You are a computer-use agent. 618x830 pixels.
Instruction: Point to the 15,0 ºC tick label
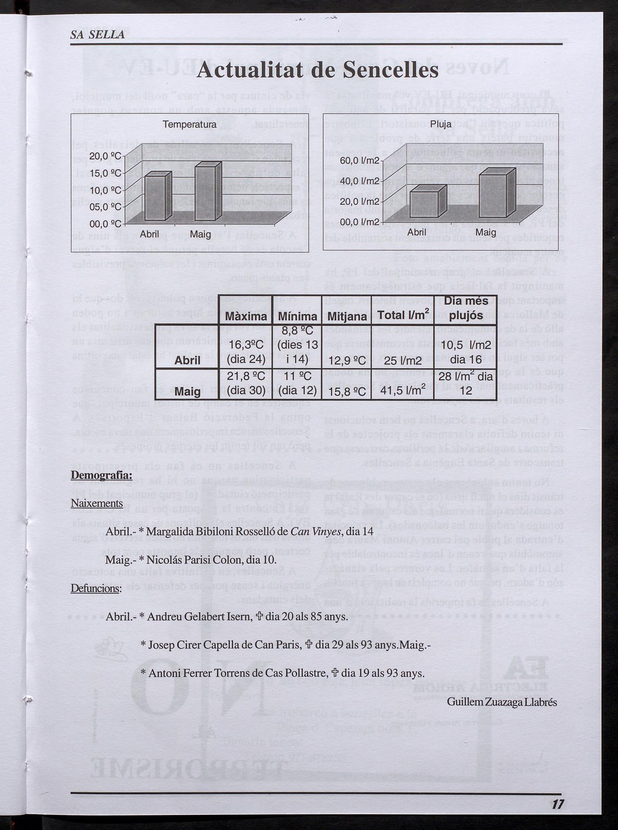[x=105, y=173]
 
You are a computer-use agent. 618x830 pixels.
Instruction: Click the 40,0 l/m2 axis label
[x=359, y=181]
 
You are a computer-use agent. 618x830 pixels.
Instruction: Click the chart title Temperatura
[x=189, y=125]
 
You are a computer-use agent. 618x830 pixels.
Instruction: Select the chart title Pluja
[x=440, y=125]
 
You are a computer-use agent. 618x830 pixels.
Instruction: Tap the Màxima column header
[x=246, y=317]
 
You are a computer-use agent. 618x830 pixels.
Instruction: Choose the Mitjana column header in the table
[x=347, y=317]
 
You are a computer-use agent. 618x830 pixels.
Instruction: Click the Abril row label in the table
[x=187, y=360]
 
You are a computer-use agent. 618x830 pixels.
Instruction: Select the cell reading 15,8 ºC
[x=347, y=392]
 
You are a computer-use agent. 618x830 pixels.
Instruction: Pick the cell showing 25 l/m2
[x=403, y=360]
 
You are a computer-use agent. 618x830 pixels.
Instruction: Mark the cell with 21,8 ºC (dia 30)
[x=246, y=384]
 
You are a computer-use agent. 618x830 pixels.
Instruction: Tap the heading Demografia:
[x=101, y=475]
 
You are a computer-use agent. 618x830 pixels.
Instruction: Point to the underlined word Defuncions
[x=95, y=589]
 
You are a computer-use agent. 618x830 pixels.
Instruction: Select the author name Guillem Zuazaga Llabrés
[x=502, y=702]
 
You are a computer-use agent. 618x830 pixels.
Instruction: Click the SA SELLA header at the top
[x=98, y=35]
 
